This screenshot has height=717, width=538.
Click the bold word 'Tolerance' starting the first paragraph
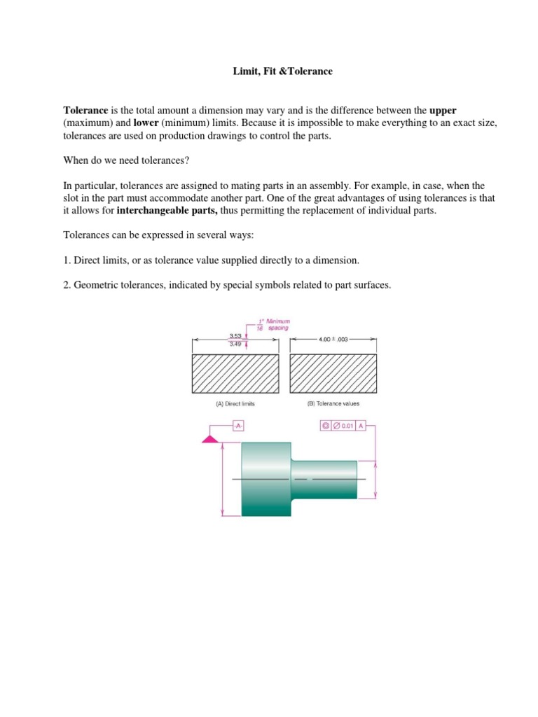pos(85,111)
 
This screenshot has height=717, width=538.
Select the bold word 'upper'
pos(443,111)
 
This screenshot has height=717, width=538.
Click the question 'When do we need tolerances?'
pos(123,160)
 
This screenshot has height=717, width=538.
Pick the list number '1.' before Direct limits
pos(67,260)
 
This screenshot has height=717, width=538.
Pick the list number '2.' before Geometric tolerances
pos(67,286)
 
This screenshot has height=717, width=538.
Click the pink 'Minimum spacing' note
pos(274,323)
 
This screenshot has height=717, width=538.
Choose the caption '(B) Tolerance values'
pos(333,404)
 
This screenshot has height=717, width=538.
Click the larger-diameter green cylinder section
pos(265,479)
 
